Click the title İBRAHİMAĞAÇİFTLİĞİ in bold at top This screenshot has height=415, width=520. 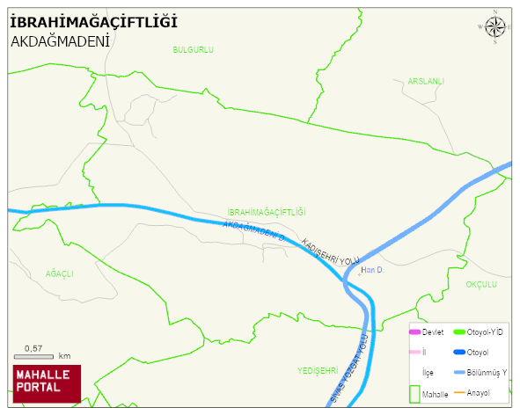(93, 20)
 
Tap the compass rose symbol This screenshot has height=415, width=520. (495, 27)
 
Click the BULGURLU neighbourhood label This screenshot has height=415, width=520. (194, 50)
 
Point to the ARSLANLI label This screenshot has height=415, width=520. (426, 82)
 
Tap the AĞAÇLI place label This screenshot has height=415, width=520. (60, 273)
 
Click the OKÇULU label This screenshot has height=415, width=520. (481, 284)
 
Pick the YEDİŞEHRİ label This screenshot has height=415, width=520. (318, 369)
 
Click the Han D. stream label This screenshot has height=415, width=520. (371, 270)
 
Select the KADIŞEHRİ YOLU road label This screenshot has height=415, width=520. (331, 251)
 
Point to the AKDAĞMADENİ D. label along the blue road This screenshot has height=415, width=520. (255, 230)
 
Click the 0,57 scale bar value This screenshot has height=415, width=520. (33, 348)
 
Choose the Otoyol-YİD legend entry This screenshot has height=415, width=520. (484, 331)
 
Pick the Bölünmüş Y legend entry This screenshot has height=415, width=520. (486, 372)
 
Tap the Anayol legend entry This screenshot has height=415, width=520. (478, 392)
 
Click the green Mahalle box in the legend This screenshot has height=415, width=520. (414, 392)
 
